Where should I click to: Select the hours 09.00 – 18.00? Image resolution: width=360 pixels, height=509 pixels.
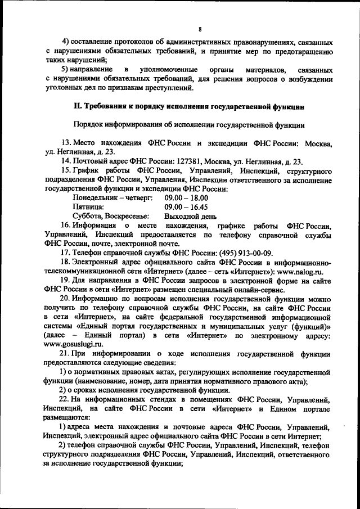pos(186,198)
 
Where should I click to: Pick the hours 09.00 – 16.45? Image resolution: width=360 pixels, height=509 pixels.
pos(186,207)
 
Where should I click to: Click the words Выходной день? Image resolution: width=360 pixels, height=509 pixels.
pos(190,216)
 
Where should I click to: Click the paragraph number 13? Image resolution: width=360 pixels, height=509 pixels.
pos(65,143)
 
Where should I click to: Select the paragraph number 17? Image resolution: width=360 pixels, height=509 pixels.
pos(65,253)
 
